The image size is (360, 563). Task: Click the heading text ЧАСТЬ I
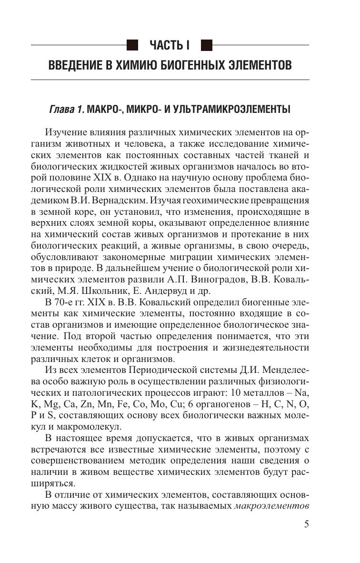(170, 45)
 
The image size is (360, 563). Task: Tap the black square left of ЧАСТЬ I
(133, 45)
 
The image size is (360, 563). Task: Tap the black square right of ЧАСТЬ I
(206, 45)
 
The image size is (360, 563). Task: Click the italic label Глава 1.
(67, 110)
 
